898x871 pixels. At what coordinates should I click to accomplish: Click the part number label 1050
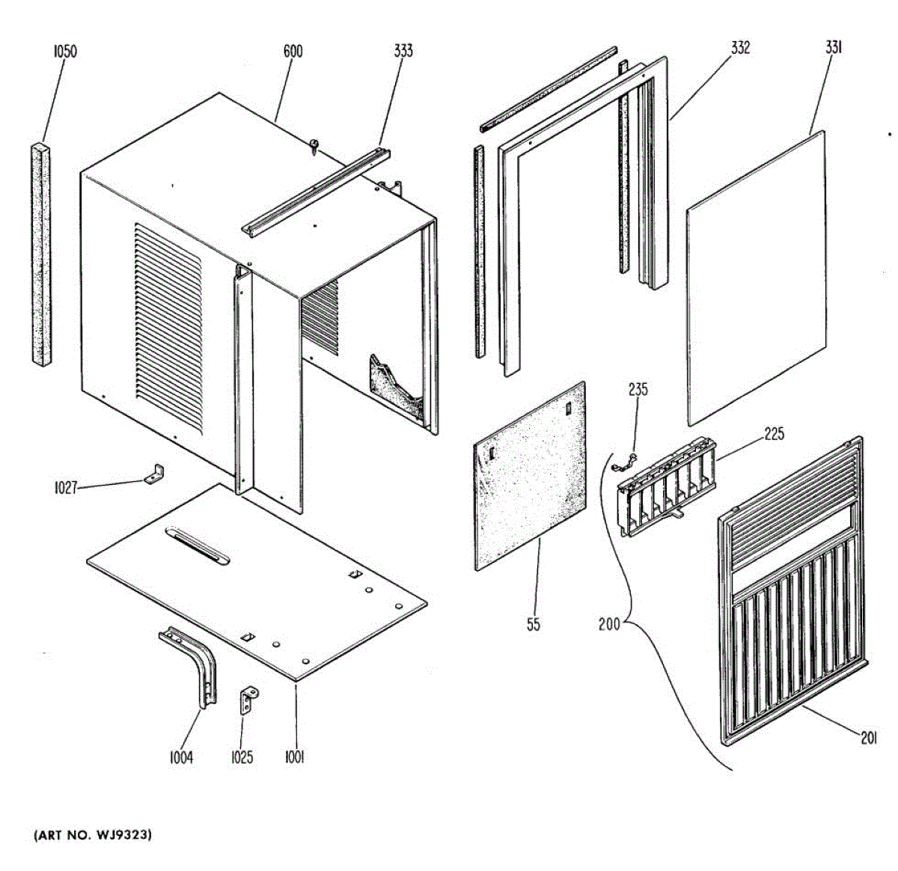pyautogui.click(x=65, y=52)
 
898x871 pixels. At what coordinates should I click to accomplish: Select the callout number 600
pyautogui.click(x=293, y=51)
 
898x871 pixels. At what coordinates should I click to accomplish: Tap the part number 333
pyautogui.click(x=403, y=51)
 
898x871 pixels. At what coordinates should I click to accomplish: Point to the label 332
pyautogui.click(x=740, y=48)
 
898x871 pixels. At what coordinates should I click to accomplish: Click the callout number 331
pyautogui.click(x=834, y=47)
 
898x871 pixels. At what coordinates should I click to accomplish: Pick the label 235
pyautogui.click(x=638, y=390)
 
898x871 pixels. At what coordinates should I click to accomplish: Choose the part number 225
pyautogui.click(x=774, y=434)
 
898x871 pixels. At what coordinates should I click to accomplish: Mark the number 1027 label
pyautogui.click(x=66, y=489)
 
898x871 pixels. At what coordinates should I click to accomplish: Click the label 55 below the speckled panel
pyautogui.click(x=533, y=624)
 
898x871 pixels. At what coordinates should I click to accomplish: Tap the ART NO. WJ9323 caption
pyautogui.click(x=92, y=834)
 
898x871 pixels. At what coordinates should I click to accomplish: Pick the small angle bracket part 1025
pyautogui.click(x=248, y=700)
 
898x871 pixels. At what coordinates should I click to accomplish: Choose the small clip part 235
pyautogui.click(x=627, y=463)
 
